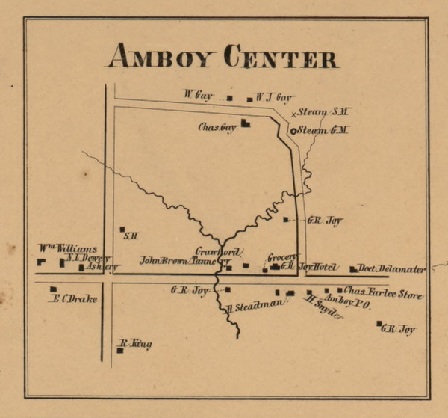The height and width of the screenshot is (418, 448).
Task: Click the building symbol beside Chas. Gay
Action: (x=244, y=124)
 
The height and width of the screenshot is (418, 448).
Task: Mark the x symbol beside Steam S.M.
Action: (x=293, y=114)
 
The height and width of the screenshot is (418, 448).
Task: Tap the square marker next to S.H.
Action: (x=122, y=230)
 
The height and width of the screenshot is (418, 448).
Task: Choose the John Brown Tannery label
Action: (x=178, y=261)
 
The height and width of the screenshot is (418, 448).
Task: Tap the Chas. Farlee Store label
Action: (x=383, y=290)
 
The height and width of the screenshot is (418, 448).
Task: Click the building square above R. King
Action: (x=119, y=350)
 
